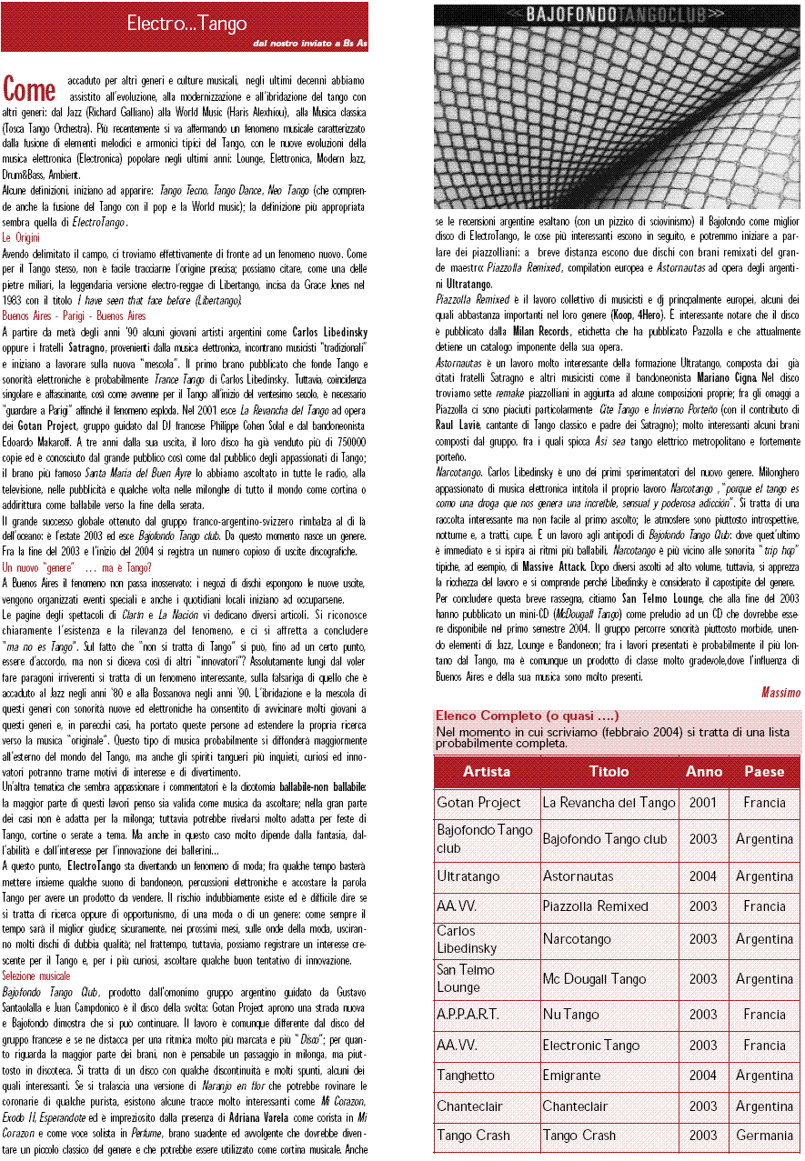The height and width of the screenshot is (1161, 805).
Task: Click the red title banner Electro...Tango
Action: [x=186, y=24]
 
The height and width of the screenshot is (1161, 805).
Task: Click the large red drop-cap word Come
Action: [x=30, y=89]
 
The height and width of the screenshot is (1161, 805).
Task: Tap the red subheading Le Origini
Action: [x=21, y=237]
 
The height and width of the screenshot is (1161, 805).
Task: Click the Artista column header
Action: [x=487, y=771]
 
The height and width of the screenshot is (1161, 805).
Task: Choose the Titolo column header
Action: [x=609, y=771]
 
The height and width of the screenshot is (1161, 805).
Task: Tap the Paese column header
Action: [x=764, y=771]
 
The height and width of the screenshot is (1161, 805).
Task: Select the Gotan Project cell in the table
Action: [x=479, y=803]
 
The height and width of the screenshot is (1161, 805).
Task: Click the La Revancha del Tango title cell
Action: [x=609, y=803]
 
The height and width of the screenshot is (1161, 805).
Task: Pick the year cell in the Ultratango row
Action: [x=703, y=876]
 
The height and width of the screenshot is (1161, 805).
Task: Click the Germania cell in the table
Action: [x=764, y=1135]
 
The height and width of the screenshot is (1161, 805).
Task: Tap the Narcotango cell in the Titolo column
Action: [x=577, y=939]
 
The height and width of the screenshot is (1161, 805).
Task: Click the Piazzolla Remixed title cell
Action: [x=596, y=906]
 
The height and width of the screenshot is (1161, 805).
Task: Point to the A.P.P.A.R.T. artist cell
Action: [x=468, y=1014]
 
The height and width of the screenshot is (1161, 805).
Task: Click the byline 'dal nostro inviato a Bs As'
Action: [x=309, y=43]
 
